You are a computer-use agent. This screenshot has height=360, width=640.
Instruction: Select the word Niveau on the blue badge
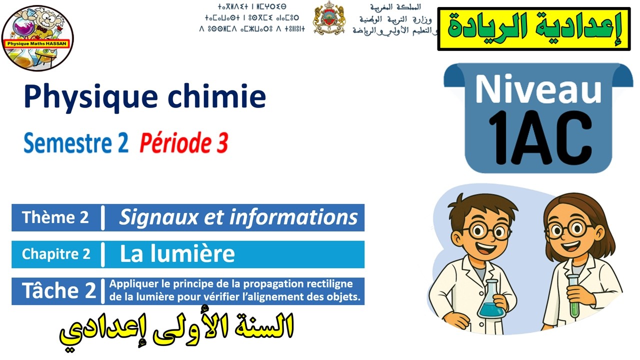(538, 89)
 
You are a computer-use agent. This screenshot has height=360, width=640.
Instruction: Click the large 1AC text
(538, 138)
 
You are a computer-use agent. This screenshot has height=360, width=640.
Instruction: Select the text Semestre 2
(76, 143)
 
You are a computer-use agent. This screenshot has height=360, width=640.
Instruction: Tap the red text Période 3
(183, 143)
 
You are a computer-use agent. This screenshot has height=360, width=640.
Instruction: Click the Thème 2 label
(55, 217)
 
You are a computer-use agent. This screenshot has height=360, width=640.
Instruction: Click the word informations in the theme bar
(293, 217)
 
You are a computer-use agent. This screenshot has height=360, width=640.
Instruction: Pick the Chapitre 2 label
(56, 254)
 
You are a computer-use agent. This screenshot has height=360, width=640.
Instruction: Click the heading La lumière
(177, 254)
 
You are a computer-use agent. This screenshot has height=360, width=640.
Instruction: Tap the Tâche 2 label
(58, 290)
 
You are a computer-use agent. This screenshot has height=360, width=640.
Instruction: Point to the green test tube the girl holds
(573, 296)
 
